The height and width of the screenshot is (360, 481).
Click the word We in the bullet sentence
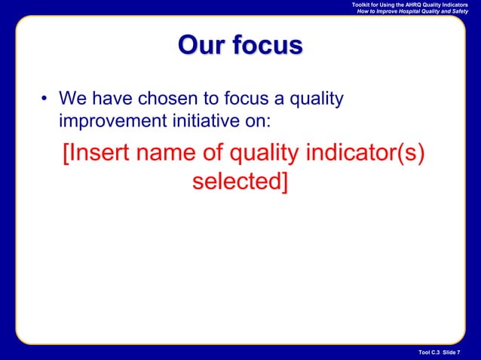[x=72, y=99]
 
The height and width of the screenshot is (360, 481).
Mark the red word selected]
[x=240, y=182]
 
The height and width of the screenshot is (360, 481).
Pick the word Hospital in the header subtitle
[x=418, y=13]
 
